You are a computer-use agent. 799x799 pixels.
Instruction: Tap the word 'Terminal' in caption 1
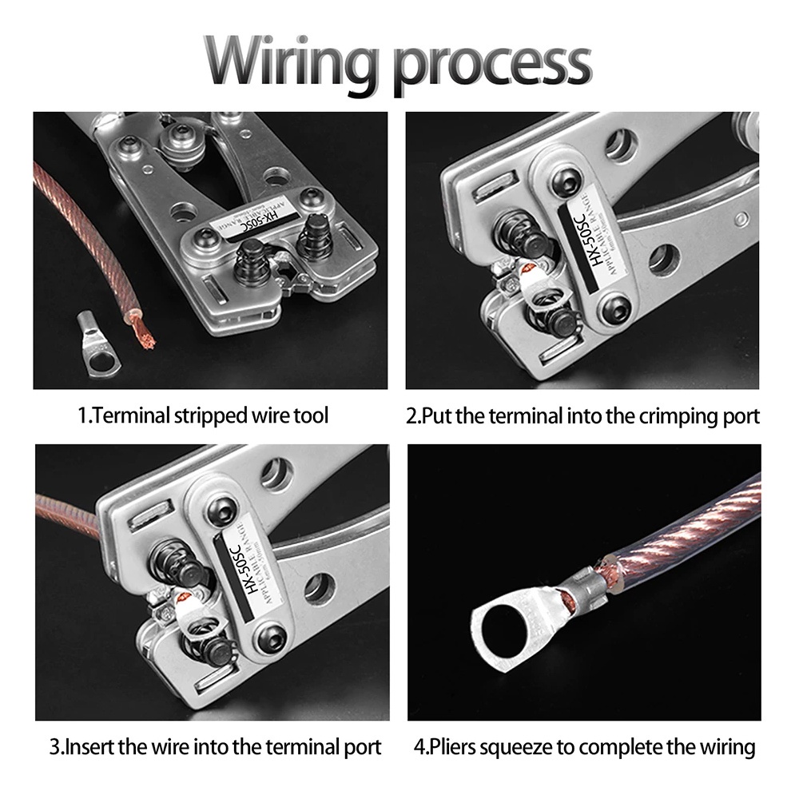pos(131,415)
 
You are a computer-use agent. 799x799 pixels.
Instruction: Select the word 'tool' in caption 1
pos(312,415)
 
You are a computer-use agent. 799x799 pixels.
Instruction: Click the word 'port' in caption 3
pos(364,748)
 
